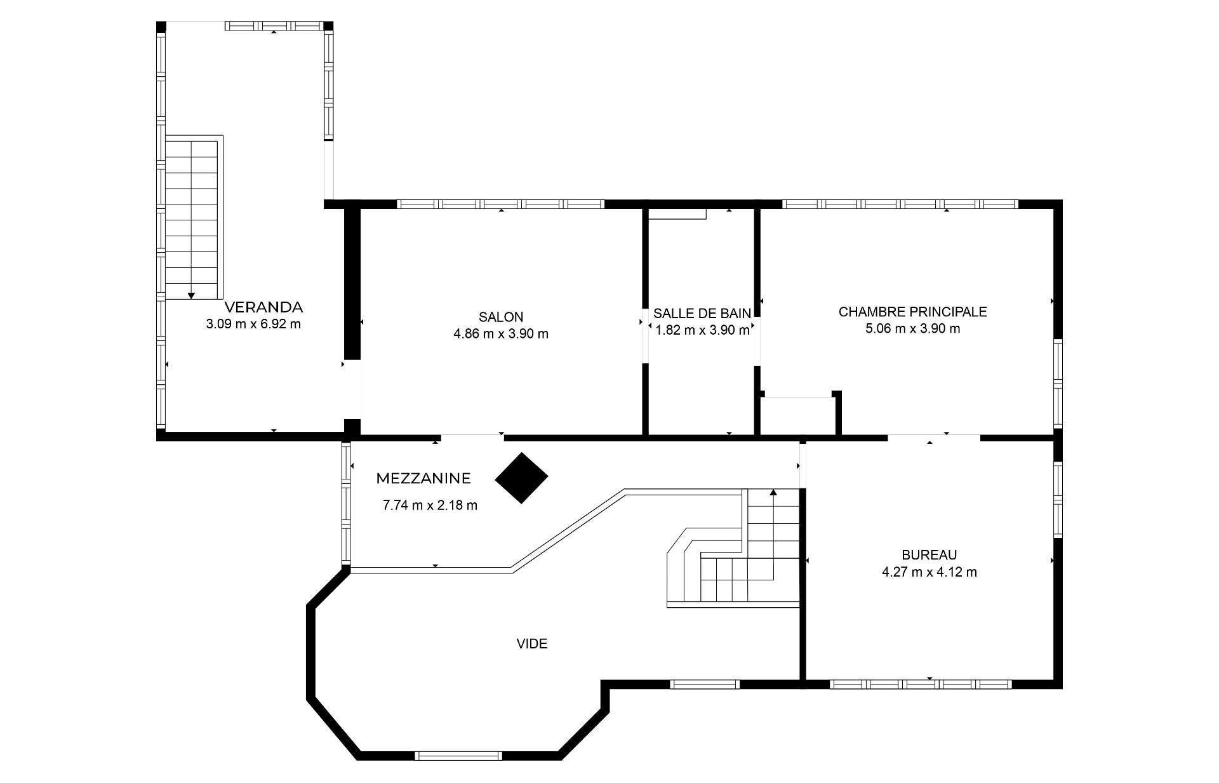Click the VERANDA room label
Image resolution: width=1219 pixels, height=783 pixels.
click(x=264, y=307)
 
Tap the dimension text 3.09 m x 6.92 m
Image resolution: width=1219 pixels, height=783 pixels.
click(x=253, y=325)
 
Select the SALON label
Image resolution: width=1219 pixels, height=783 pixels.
click(x=501, y=317)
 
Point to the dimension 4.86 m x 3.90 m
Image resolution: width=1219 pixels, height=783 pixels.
click(x=501, y=334)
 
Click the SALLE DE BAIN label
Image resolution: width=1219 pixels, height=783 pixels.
click(x=702, y=313)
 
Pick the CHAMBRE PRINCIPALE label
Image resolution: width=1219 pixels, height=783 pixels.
click(x=912, y=312)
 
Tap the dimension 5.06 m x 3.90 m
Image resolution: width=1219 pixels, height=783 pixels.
click(x=912, y=329)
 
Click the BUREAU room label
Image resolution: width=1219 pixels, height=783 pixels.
click(x=929, y=555)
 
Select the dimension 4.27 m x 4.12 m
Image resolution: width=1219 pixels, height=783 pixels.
click(x=929, y=572)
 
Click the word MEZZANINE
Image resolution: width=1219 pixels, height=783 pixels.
click(x=423, y=478)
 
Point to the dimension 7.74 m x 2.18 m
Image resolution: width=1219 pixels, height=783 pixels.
click(x=430, y=506)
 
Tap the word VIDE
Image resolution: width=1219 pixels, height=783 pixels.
click(x=532, y=644)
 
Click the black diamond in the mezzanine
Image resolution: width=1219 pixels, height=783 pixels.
click(x=521, y=478)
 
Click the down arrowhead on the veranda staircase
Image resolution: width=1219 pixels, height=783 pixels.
click(x=191, y=295)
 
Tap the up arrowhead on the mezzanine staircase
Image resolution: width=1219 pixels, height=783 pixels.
click(x=773, y=492)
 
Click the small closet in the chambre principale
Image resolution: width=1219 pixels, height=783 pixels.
click(x=798, y=416)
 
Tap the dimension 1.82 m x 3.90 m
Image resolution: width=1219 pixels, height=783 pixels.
click(x=702, y=330)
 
